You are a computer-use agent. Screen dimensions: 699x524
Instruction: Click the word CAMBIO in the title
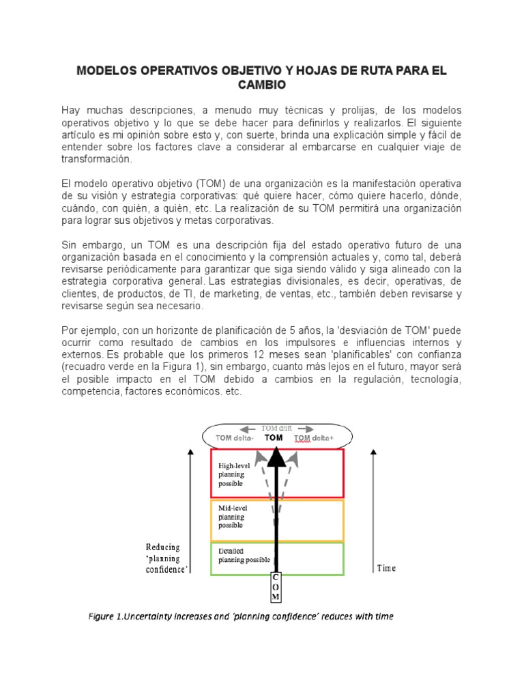click(x=262, y=85)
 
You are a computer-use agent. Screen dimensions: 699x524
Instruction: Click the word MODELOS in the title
click(x=108, y=71)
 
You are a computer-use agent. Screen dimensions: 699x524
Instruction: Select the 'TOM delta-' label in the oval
click(x=235, y=438)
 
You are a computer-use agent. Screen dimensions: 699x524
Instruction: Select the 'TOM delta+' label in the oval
click(x=314, y=438)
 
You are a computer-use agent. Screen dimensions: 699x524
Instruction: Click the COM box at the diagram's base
click(x=276, y=586)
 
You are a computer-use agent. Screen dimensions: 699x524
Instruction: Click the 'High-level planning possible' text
click(x=235, y=474)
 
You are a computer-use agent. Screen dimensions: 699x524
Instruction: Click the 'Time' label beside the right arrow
click(x=385, y=568)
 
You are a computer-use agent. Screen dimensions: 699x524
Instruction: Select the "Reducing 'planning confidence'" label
click(x=166, y=558)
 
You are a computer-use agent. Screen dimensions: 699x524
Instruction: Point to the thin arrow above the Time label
click(x=373, y=505)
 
